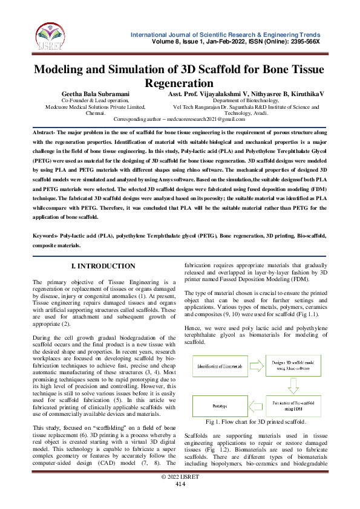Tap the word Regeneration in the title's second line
click(x=180, y=83)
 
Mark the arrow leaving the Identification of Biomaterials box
click(x=255, y=366)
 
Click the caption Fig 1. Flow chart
click(x=255, y=438)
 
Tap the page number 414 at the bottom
click(x=180, y=501)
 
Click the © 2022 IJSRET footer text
click(x=180, y=494)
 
